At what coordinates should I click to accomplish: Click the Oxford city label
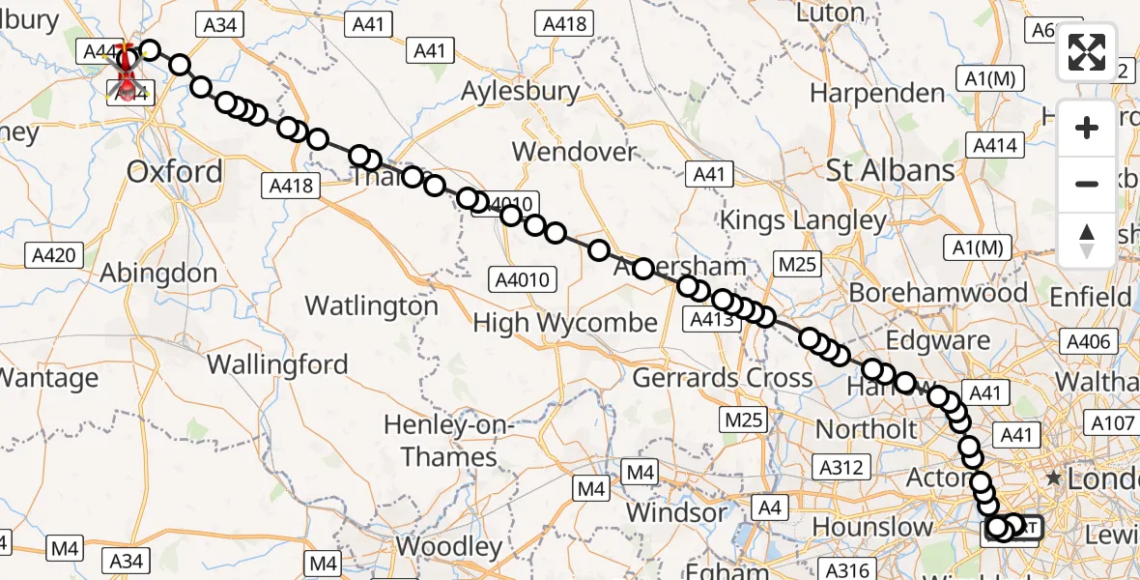(x=175, y=172)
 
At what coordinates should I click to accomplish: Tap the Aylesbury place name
(x=521, y=92)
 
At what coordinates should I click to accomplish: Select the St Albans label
(x=890, y=171)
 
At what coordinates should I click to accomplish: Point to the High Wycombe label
(x=565, y=323)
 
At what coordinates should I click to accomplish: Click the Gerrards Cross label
(x=723, y=377)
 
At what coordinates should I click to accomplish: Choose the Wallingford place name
(x=277, y=364)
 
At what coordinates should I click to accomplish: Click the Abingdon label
(x=158, y=273)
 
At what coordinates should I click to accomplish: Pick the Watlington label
(x=372, y=306)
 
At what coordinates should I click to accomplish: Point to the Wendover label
(x=575, y=152)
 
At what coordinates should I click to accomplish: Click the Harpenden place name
(x=877, y=94)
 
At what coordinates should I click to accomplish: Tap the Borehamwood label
(x=925, y=293)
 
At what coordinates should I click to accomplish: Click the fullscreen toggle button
(x=1087, y=52)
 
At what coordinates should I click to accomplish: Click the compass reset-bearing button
(x=1087, y=241)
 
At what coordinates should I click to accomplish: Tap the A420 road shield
(x=53, y=255)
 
